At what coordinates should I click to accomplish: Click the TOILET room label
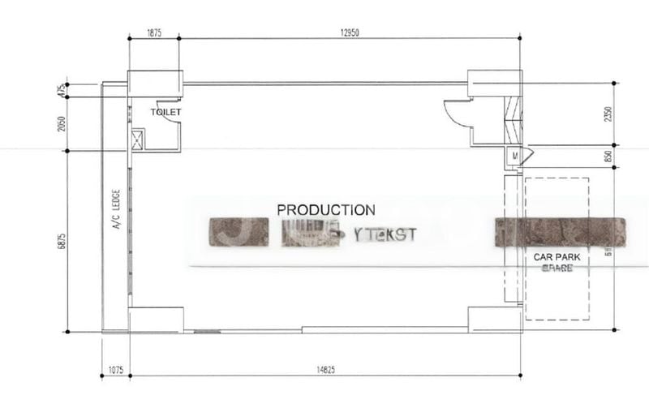click(166, 112)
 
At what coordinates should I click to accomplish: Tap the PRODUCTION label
click(326, 210)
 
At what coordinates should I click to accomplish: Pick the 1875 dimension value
click(154, 32)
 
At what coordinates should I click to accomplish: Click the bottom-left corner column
click(156, 319)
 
